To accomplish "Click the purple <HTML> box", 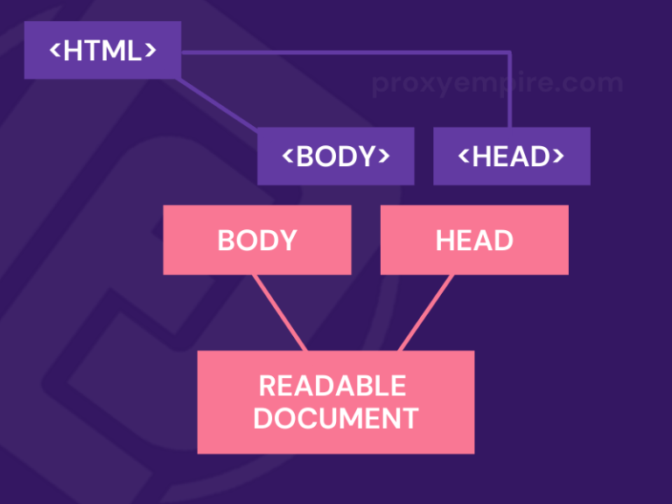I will pyautogui.click(x=102, y=50).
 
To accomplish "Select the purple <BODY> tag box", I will pyautogui.click(x=335, y=156).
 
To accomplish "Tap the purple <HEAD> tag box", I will pyautogui.click(x=511, y=156).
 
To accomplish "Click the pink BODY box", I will pyautogui.click(x=256, y=240).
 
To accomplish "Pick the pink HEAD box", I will pyautogui.click(x=474, y=240).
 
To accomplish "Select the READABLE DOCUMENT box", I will pyautogui.click(x=335, y=402).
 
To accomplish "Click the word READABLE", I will pyautogui.click(x=332, y=386).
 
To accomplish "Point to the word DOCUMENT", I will pyautogui.click(x=335, y=418).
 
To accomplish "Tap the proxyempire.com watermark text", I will pyautogui.click(x=497, y=84).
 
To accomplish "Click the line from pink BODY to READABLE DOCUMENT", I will pyautogui.click(x=280, y=313).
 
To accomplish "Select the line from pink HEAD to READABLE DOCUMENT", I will pyautogui.click(x=426, y=313).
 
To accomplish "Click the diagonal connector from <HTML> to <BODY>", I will pyautogui.click(x=219, y=105).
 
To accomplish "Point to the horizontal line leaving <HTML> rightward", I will pyautogui.click(x=350, y=52).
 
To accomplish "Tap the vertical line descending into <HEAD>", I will pyautogui.click(x=509, y=92).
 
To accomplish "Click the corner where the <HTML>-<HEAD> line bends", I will pyautogui.click(x=509, y=52).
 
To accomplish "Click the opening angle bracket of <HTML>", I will pyautogui.click(x=54, y=51).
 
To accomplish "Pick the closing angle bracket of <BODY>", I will pyautogui.click(x=382, y=157).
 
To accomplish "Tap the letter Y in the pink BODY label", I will pyautogui.click(x=287, y=241).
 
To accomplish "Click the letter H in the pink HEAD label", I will pyautogui.click(x=445, y=241).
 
